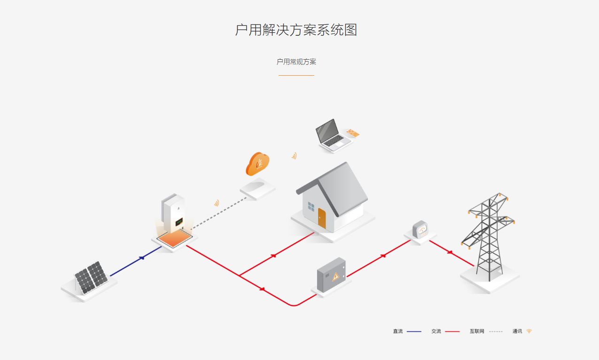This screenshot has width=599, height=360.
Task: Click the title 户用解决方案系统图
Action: (x=296, y=30)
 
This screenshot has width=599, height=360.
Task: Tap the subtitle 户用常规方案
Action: (x=296, y=62)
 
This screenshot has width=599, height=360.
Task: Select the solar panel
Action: (x=91, y=277)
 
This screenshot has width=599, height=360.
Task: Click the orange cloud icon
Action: (x=257, y=164)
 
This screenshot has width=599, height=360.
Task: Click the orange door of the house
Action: (x=322, y=218)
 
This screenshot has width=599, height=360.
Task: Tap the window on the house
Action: (x=311, y=206)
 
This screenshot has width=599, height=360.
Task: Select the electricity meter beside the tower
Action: (x=420, y=230)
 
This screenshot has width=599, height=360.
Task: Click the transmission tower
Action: (x=489, y=235)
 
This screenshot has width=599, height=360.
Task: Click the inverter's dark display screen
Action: (x=179, y=221)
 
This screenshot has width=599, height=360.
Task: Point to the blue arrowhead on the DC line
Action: (x=142, y=258)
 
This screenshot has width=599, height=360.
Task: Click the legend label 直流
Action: (x=398, y=331)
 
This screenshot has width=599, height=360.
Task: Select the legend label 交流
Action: (x=436, y=331)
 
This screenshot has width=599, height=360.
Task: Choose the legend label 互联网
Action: (x=477, y=331)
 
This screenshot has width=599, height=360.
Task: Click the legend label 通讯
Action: (x=517, y=331)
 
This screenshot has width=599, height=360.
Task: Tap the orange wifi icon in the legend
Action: (x=529, y=331)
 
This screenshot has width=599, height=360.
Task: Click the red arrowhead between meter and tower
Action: (x=450, y=252)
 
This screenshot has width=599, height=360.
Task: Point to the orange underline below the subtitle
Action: (x=296, y=75)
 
